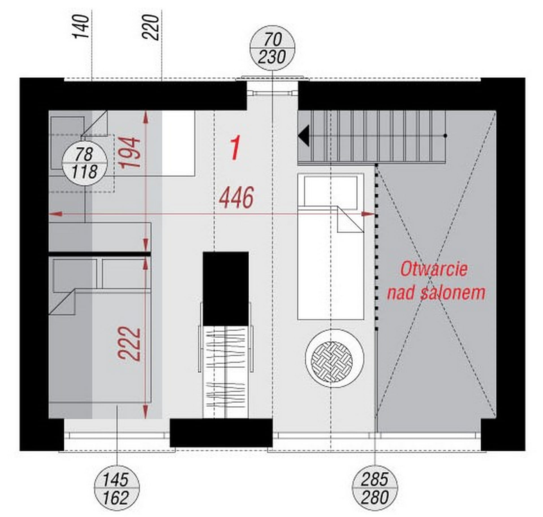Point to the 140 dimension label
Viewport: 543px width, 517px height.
click(x=81, y=27)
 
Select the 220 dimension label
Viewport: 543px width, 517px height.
click(x=151, y=27)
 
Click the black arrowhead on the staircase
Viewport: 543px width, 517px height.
click(x=303, y=136)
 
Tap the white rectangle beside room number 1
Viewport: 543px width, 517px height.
click(x=178, y=143)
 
